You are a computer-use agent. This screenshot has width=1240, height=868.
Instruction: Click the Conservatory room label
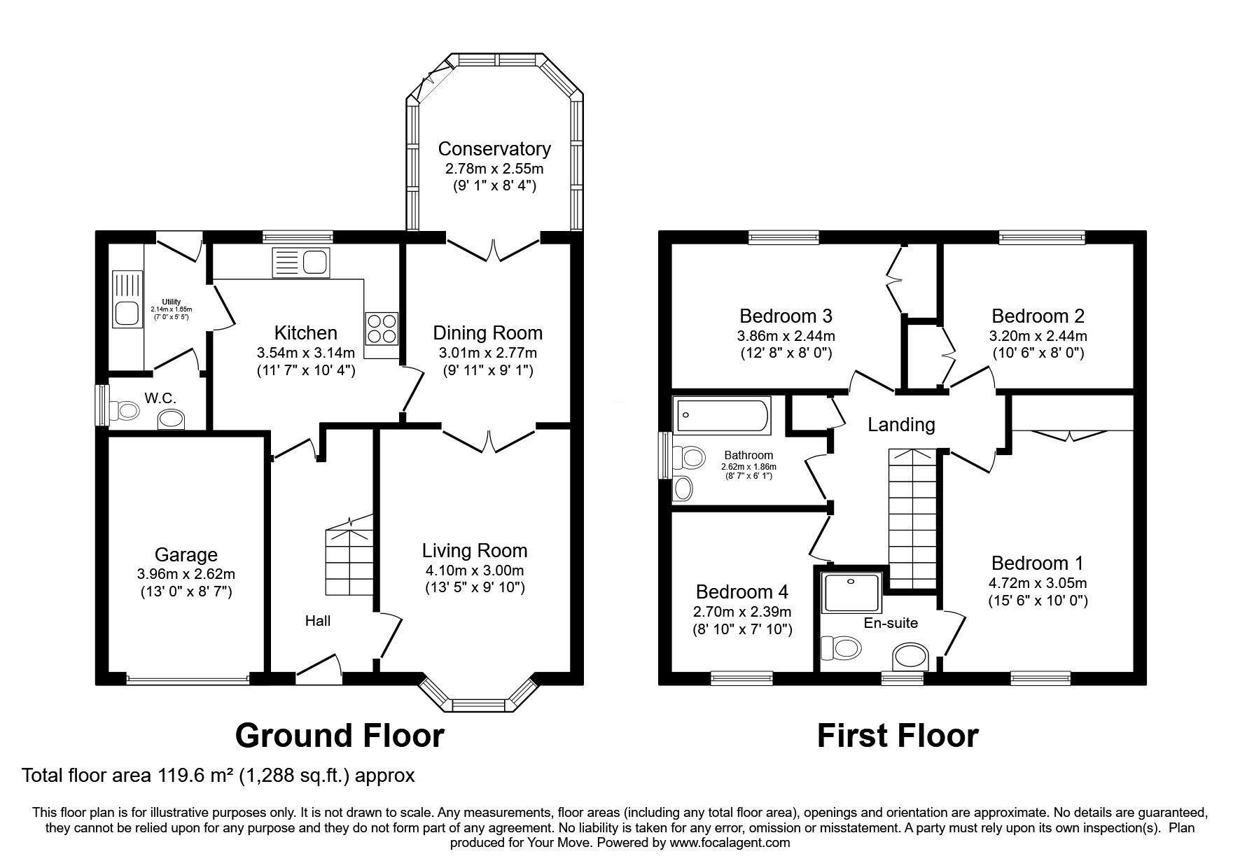pyautogui.click(x=494, y=148)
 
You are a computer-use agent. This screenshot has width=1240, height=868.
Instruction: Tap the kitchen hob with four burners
pyautogui.click(x=381, y=328)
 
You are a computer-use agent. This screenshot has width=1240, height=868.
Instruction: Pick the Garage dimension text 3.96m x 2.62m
pyautogui.click(x=186, y=574)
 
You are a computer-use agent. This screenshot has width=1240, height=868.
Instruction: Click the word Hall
pyautogui.click(x=317, y=621)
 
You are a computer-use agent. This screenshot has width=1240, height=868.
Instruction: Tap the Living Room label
pyautogui.click(x=475, y=550)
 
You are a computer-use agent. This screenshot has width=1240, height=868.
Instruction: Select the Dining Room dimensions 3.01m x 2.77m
pyautogui.click(x=488, y=353)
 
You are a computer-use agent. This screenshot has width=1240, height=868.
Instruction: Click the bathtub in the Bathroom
pyautogui.click(x=721, y=414)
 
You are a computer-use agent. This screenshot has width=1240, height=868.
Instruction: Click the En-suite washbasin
pyautogui.click(x=911, y=659)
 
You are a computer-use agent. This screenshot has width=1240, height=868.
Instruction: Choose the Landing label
pyautogui.click(x=901, y=424)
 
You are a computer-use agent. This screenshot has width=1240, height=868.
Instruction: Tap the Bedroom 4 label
pyautogui.click(x=742, y=592)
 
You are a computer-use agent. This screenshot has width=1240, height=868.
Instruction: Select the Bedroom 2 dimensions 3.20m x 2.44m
pyautogui.click(x=1038, y=336)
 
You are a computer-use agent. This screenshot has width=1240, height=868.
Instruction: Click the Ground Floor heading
pyautogui.click(x=340, y=736)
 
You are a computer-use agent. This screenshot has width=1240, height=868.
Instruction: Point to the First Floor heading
pyautogui.click(x=898, y=736)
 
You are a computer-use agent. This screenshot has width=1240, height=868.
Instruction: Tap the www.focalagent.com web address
pyautogui.click(x=730, y=843)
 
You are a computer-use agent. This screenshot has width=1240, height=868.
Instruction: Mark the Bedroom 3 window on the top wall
pyautogui.click(x=783, y=238)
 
